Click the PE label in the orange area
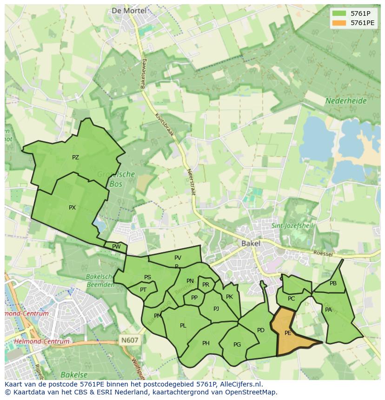click(288, 333)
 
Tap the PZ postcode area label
click(75, 157)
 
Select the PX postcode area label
click(72, 208)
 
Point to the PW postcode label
click(116, 247)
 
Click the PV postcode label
click(178, 258)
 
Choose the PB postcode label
click(333, 283)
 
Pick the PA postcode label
click(328, 310)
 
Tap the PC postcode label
click(291, 299)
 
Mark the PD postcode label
click(260, 330)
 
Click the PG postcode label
click(237, 345)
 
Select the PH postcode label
click(206, 343)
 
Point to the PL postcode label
click(183, 326)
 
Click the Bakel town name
click(251, 243)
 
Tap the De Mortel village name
click(129, 10)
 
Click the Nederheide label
click(345, 101)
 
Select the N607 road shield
click(130, 340)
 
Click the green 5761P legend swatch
click(339, 13)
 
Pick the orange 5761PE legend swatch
click(339, 23)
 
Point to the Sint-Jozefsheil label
click(292, 226)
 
